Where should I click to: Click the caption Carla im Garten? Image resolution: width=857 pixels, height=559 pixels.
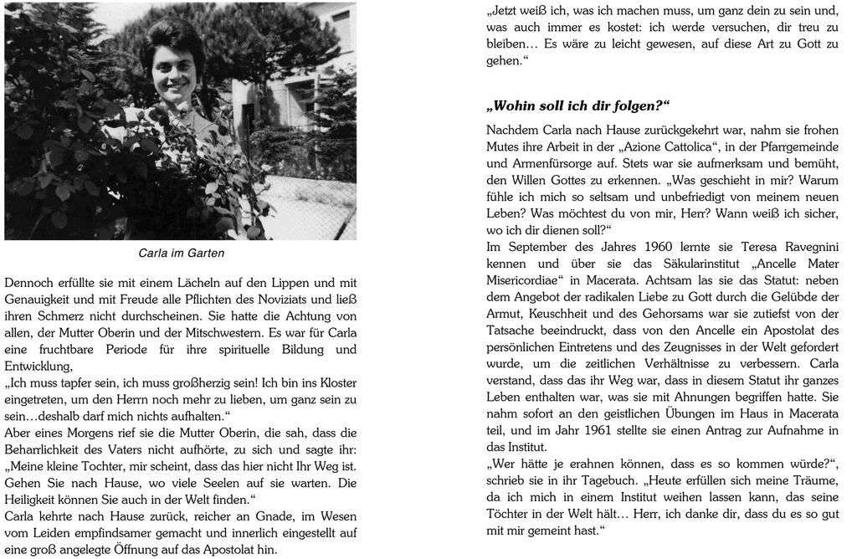(181, 253)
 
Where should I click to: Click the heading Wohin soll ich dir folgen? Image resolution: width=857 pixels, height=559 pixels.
(578, 106)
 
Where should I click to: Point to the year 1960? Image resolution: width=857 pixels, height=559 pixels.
(665, 246)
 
